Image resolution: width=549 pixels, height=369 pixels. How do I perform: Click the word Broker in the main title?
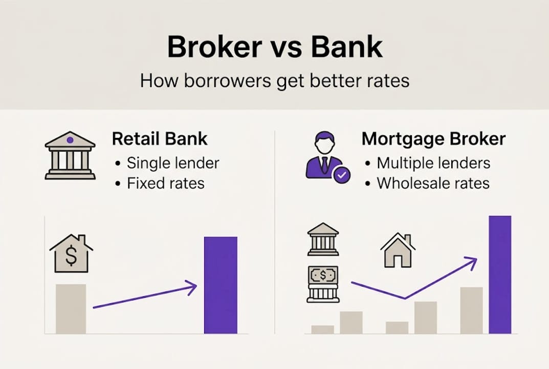pos(214,47)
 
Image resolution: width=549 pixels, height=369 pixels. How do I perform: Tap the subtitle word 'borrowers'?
pos(227,80)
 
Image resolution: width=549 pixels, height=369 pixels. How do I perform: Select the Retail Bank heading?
pos(160,138)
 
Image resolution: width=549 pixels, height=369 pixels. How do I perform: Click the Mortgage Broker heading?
pos(433,139)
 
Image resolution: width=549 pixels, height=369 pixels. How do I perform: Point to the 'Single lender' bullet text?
pos(173,163)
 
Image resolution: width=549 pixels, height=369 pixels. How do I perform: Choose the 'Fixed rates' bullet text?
pos(166,183)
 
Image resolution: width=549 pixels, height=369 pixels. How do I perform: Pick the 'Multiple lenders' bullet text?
pos(433,163)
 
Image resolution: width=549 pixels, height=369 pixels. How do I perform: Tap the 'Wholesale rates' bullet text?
pos(433,183)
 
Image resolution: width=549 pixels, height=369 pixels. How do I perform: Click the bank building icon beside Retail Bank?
pos(70,156)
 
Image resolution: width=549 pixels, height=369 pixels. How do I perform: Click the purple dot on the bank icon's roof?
pos(70,140)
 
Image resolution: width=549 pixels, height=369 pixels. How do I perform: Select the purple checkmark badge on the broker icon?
pos(341,174)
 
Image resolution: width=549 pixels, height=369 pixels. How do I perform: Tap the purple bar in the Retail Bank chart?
pos(221,285)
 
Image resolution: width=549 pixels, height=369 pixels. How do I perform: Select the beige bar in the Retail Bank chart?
pos(71,309)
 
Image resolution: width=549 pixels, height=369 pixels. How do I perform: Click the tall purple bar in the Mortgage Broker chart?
pos(500,275)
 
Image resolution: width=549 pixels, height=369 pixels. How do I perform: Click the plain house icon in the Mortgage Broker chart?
pos(398,250)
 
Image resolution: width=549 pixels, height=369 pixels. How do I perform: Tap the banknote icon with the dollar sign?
pos(323,275)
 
